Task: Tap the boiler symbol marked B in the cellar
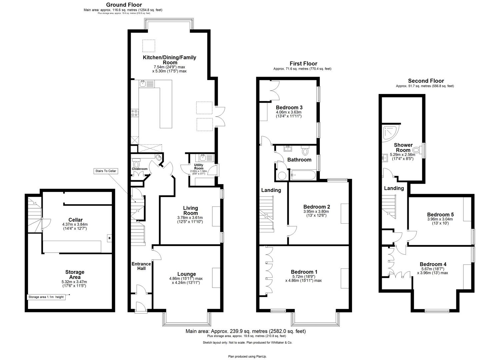click(109, 238)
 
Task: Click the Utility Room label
click(198, 166)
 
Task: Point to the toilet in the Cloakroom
click(136, 164)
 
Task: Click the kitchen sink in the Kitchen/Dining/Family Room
click(143, 83)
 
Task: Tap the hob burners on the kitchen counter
click(135, 113)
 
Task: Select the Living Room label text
click(190, 211)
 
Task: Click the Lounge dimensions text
click(186, 281)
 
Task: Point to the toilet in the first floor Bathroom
click(305, 151)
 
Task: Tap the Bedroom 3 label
click(289, 107)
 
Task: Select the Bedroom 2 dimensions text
click(316, 213)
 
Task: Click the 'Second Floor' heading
click(426, 81)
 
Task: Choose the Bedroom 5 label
click(440, 214)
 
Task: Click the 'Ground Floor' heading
click(124, 5)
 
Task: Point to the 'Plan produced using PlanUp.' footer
click(247, 356)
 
